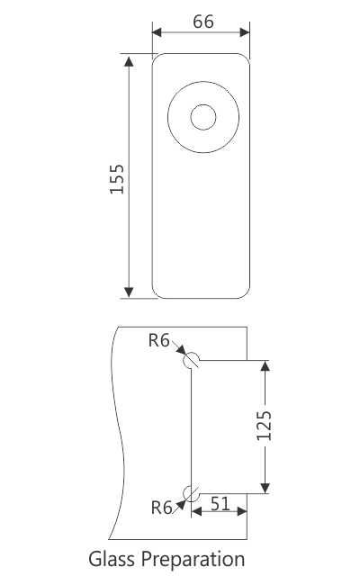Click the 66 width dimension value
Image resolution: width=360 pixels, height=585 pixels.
click(202, 21)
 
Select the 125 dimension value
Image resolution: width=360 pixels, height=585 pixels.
click(264, 426)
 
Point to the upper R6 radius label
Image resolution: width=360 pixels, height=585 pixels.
click(159, 340)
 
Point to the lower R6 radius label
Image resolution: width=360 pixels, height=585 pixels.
click(162, 508)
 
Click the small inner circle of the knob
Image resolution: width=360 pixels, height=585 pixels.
click(203, 118)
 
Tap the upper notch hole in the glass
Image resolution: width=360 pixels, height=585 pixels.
click(191, 360)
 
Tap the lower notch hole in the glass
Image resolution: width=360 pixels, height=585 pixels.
click(191, 491)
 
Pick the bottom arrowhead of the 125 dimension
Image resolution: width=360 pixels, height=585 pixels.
click(265, 487)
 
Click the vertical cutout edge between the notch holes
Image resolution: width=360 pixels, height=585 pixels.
click(191, 426)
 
